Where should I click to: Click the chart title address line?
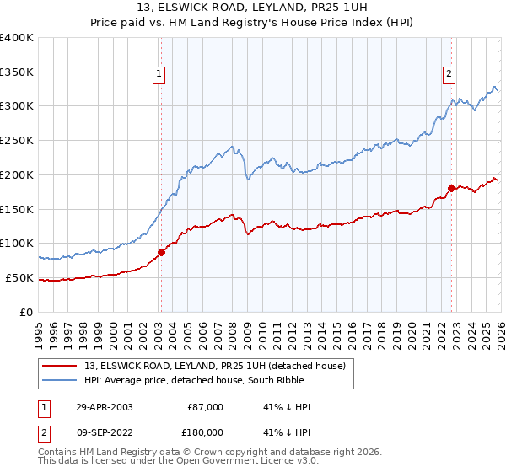pyautogui.click(x=253, y=8)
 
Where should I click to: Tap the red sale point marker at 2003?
pyautogui.click(x=161, y=252)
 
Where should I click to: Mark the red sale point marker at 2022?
pyautogui.click(x=451, y=188)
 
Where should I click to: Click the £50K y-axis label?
pyautogui.click(x=19, y=277)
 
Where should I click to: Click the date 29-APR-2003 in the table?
pyautogui.click(x=104, y=407)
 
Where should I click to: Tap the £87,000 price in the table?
pyautogui.click(x=204, y=407)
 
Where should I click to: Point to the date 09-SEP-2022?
pyautogui.click(x=104, y=432)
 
